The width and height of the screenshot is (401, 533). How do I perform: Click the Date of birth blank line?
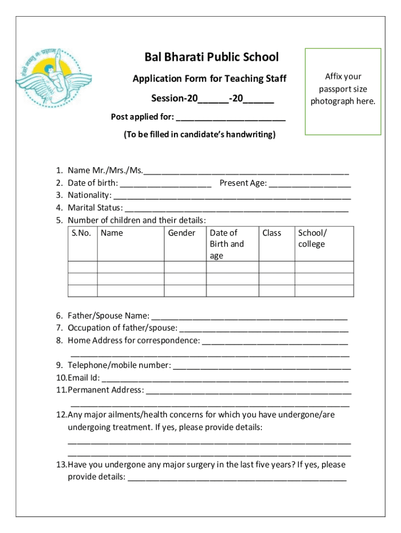pos(165,184)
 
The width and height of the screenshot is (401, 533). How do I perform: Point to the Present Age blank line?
pos(310,184)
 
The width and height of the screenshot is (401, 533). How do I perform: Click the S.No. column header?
pos(82,233)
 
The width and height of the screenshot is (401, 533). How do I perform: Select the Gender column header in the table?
pos(182,233)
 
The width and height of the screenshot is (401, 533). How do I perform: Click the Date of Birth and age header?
pos(227,244)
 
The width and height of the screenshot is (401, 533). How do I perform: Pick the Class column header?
pos(272,233)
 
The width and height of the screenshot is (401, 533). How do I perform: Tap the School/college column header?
pos(312,238)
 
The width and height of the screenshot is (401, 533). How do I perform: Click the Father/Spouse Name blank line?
pos(249,316)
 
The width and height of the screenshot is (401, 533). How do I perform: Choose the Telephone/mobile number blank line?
pos(261,366)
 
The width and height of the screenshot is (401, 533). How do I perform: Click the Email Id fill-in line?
pos(225,378)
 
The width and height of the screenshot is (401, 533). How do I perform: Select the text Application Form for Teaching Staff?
pos(209,79)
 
